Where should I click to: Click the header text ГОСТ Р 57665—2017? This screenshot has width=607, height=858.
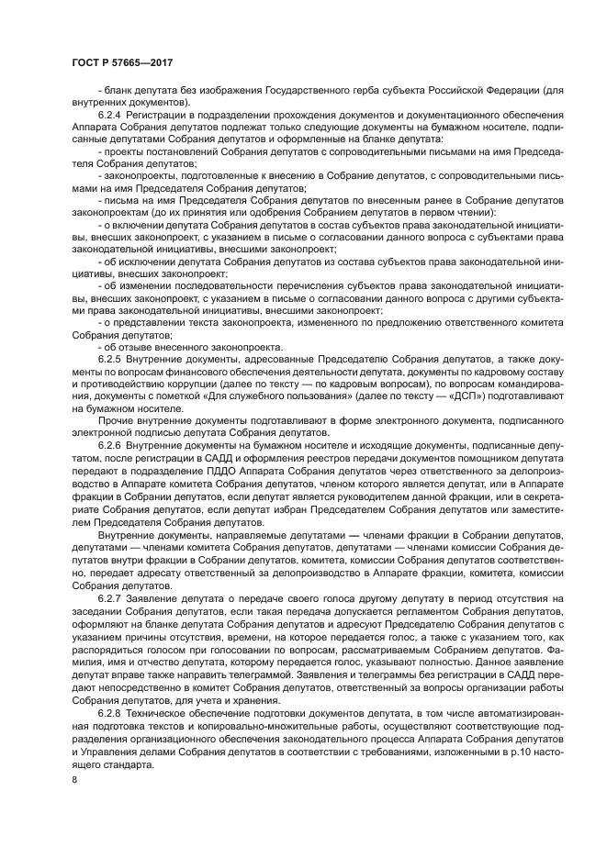122,61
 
